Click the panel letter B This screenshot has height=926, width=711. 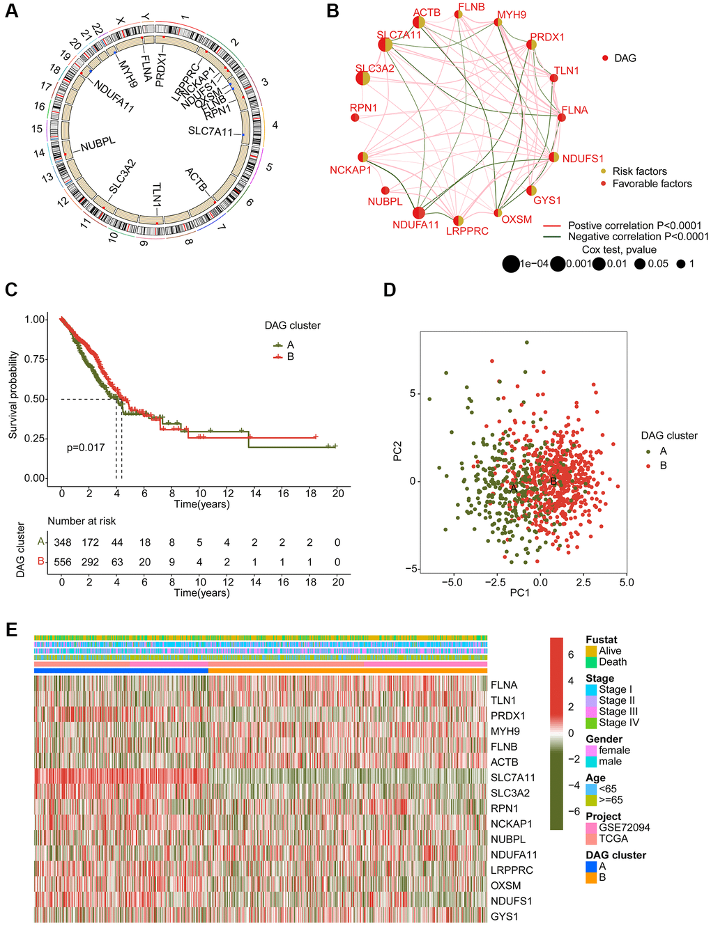point(332,11)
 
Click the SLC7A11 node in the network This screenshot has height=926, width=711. point(385,45)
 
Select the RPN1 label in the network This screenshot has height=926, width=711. point(363,108)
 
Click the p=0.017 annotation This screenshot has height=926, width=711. point(86,447)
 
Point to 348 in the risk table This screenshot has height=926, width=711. point(62,542)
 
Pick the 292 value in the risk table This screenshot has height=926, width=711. point(90,562)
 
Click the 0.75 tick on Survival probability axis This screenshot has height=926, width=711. point(36,359)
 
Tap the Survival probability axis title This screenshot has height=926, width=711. point(13,395)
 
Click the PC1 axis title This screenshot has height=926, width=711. point(520,593)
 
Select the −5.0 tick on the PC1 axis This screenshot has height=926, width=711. point(452,581)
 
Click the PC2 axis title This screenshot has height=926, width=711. point(397,451)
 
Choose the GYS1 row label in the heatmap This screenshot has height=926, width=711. point(504,916)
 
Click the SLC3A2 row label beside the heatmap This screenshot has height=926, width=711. point(510,793)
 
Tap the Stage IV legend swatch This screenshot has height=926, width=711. point(591,723)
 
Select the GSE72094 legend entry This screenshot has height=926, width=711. point(624,828)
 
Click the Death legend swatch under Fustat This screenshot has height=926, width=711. point(591,662)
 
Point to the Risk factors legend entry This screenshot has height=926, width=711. point(639,171)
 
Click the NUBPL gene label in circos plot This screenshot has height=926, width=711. point(98,145)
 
